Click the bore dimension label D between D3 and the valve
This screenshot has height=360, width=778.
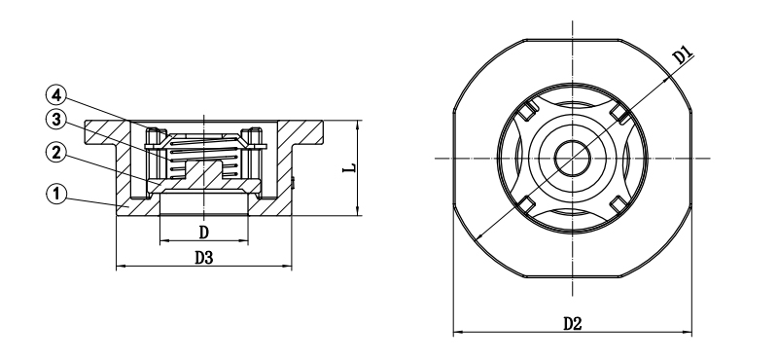(203, 232)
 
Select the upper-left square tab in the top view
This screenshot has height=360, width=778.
(522, 111)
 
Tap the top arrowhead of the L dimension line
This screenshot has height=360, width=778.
(359, 124)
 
